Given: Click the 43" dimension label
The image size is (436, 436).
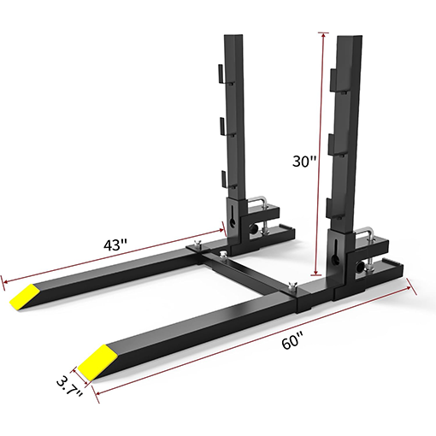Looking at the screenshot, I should pyautogui.click(x=114, y=243).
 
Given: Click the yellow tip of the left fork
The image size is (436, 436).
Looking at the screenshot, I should pyautogui.click(x=25, y=295).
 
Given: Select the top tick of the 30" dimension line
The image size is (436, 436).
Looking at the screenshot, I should pyautogui.click(x=322, y=33).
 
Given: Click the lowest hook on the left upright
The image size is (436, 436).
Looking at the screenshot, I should pyautogui.click(x=225, y=177).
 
